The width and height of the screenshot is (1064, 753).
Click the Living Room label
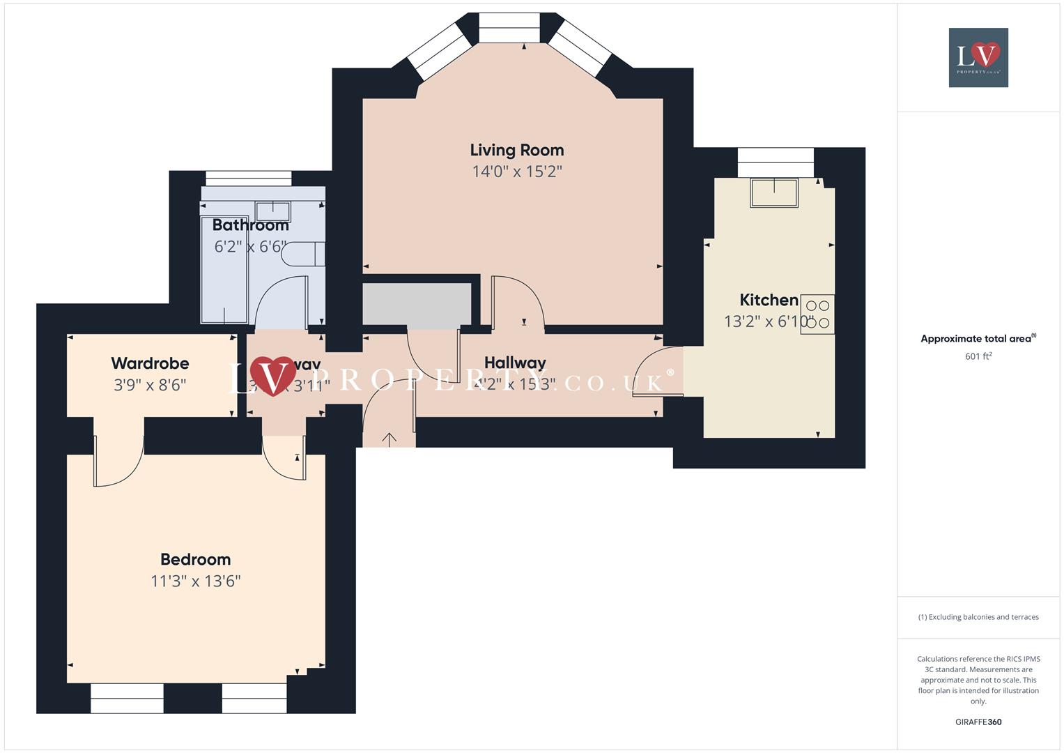(516, 150)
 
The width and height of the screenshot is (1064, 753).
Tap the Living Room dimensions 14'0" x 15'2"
(516, 172)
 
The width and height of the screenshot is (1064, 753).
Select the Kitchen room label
(769, 300)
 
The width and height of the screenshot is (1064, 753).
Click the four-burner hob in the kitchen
(817, 314)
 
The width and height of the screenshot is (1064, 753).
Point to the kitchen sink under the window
(773, 192)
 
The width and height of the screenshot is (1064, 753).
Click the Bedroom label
(195, 559)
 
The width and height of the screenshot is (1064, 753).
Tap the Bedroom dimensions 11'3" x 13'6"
(195, 581)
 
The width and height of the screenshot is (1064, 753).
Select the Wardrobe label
(150, 363)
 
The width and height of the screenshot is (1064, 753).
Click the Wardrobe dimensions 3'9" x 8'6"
(150, 385)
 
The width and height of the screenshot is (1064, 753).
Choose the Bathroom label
(250, 225)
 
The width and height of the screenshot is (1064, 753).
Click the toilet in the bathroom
(303, 254)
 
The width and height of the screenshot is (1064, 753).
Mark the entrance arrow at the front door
(389, 439)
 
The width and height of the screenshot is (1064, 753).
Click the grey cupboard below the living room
(417, 303)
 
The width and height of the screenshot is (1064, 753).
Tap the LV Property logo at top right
(978, 57)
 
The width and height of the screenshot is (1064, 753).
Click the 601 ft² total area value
(978, 356)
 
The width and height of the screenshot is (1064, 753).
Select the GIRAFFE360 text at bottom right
(978, 722)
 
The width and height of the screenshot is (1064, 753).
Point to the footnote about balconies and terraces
(978, 617)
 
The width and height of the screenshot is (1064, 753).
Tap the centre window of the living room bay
(509, 29)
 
